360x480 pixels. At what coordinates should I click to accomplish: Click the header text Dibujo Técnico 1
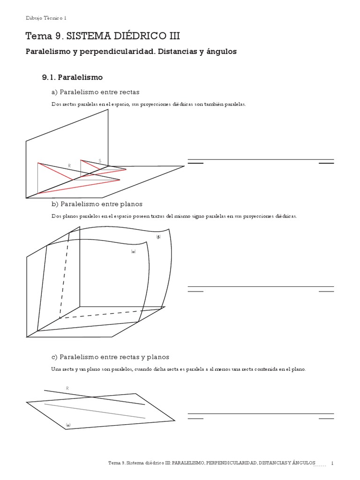point(46,18)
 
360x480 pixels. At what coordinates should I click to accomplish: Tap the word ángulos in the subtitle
point(220,52)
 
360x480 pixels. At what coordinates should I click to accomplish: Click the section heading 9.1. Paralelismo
point(72,77)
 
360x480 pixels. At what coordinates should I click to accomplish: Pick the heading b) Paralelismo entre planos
point(97,204)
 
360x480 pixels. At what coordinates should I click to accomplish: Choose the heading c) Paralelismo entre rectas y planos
point(110,357)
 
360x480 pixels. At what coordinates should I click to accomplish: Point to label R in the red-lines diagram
point(69,166)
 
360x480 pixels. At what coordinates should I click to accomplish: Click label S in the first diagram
point(99,161)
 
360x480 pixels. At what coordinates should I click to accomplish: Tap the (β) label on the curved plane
point(158,237)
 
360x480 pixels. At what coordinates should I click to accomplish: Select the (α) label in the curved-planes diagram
point(133,252)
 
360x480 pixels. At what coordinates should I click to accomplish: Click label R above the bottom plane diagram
point(67,388)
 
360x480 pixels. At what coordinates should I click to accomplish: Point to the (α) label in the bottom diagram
point(68,425)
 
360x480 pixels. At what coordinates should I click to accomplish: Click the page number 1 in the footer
point(332,463)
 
